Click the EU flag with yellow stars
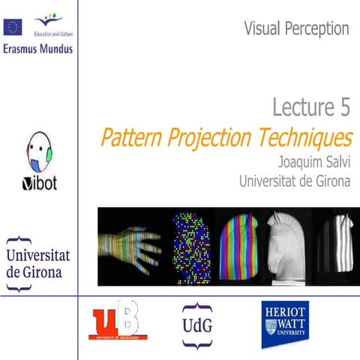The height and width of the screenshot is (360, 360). pos(13,28)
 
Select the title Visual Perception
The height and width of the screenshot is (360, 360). pos(296,29)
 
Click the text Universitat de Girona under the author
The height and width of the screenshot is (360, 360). pos(294,181)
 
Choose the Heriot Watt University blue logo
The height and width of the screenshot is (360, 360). pos(286,325)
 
